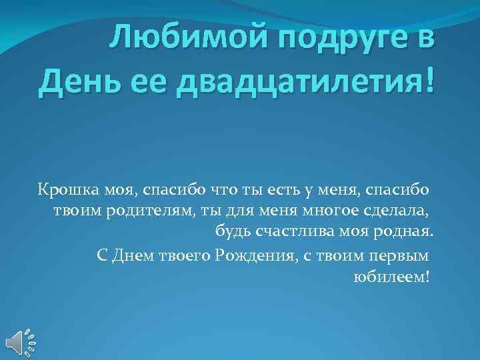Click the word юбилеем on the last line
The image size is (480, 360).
[x=390, y=276]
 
